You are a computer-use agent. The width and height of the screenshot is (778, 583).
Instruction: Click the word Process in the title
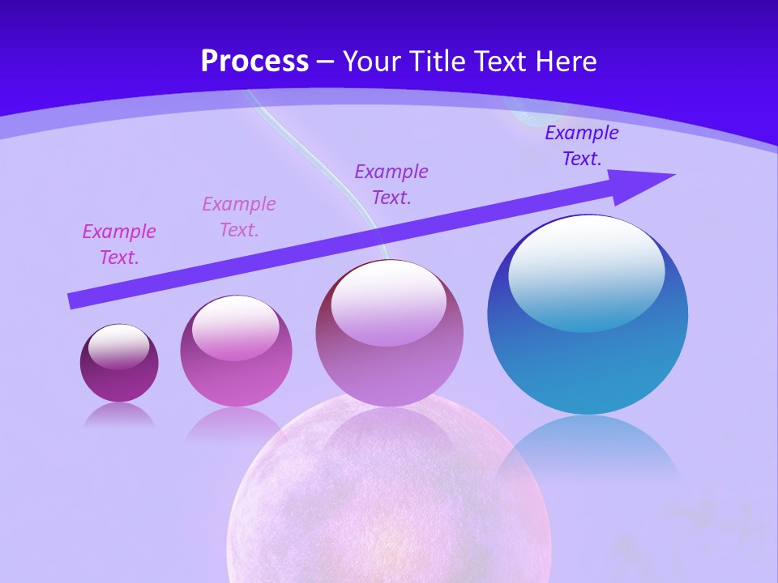coord(254,62)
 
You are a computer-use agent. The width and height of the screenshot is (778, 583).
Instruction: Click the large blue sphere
coord(588,364)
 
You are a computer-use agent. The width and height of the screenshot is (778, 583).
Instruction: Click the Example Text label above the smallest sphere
coord(119,244)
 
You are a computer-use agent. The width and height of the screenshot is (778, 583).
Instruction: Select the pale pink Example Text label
coord(239,216)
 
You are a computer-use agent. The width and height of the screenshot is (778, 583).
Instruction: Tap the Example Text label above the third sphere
coord(391,184)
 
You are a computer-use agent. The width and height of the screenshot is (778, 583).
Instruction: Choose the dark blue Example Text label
coord(582,146)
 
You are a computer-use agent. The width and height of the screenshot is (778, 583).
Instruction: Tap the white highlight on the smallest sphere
coord(119,345)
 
